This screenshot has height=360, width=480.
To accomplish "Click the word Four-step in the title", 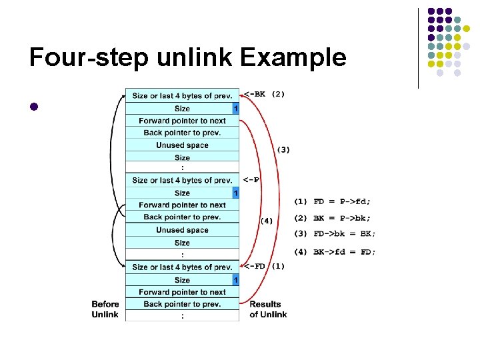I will [89, 58].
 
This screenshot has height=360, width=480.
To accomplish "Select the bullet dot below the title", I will [35, 107].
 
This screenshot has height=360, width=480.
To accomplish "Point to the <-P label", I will [251, 179].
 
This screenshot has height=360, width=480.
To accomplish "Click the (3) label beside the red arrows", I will [283, 149].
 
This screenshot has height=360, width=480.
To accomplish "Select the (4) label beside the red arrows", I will [266, 220].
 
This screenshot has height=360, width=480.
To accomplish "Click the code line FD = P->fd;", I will [333, 201].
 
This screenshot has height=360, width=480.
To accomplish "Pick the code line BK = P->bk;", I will [333, 217].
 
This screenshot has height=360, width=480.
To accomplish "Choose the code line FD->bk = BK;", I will [335, 234].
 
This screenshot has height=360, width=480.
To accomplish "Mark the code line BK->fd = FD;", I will [335, 251].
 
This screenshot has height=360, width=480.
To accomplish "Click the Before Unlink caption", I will [105, 309].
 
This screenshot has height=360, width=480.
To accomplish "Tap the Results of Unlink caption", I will [268, 309].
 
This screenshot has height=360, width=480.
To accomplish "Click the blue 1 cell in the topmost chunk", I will [235, 109].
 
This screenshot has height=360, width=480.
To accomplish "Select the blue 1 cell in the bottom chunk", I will [235, 280].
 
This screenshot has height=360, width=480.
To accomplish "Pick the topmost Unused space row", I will [182, 145].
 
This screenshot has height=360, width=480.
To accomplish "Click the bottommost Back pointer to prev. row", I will [182, 304].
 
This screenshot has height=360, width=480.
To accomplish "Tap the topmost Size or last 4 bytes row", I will [182, 96].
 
